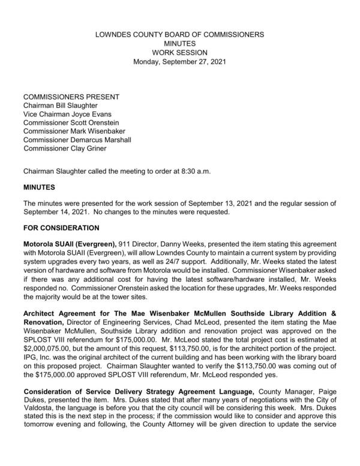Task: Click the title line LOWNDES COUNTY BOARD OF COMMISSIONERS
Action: pyautogui.click(x=180, y=35)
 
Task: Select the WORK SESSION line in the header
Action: pyautogui.click(x=180, y=52)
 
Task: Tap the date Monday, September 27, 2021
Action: pyautogui.click(x=180, y=61)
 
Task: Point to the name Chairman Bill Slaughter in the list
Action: pyautogui.click(x=62, y=106)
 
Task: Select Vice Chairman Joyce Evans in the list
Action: pyautogui.click(x=67, y=114)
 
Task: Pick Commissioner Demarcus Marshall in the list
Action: pyautogui.click(x=77, y=140)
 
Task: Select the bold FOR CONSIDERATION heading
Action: pyautogui.click(x=62, y=229)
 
